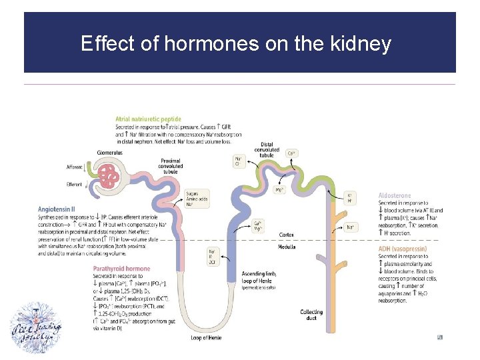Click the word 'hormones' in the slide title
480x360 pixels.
coord(203,45)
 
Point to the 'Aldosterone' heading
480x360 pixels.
coord(394,195)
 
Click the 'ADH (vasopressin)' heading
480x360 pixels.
coord(402,249)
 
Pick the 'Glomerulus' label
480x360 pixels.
coord(110,151)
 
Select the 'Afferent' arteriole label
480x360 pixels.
coord(75,167)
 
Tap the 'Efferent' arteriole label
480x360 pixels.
coord(75,185)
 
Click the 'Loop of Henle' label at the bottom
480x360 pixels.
coord(205,339)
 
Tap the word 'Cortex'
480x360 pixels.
coord(286,235)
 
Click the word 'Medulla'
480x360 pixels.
coord(287,247)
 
